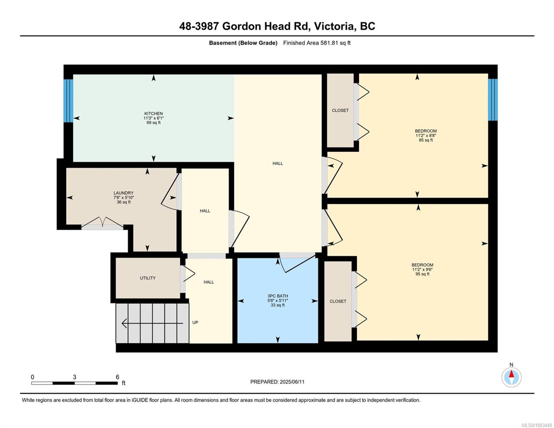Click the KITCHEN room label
click(x=154, y=113)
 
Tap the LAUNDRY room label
click(x=123, y=193)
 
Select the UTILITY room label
click(x=148, y=278)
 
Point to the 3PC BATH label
click(x=278, y=296)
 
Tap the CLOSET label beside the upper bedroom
click(x=340, y=110)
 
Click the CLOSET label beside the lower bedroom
click(x=338, y=301)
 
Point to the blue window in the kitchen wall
click(x=68, y=101)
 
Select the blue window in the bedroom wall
click(x=493, y=100)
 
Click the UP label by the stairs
click(x=195, y=322)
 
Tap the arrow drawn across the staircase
click(x=152, y=323)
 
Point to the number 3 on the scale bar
click(x=74, y=377)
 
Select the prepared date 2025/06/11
click(x=292, y=382)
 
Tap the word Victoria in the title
click(x=334, y=26)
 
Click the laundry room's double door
click(x=102, y=223)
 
